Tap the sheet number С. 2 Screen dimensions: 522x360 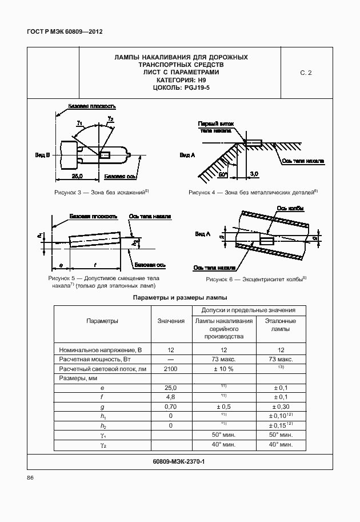[306, 73]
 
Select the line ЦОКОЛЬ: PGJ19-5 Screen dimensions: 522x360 [180, 88]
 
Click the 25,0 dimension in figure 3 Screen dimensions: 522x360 [77, 175]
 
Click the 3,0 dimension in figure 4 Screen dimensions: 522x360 [254, 173]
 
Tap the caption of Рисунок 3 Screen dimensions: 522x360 [102, 193]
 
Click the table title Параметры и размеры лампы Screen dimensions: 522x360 [180, 298]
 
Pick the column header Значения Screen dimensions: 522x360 [171, 321]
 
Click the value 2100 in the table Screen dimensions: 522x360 [171, 369]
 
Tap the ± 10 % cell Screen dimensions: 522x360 [223, 369]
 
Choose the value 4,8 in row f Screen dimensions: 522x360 [171, 396]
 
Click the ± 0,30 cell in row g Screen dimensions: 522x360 [281, 406]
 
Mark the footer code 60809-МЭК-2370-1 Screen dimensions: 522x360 [179, 461]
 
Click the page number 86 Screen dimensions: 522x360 [31, 477]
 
